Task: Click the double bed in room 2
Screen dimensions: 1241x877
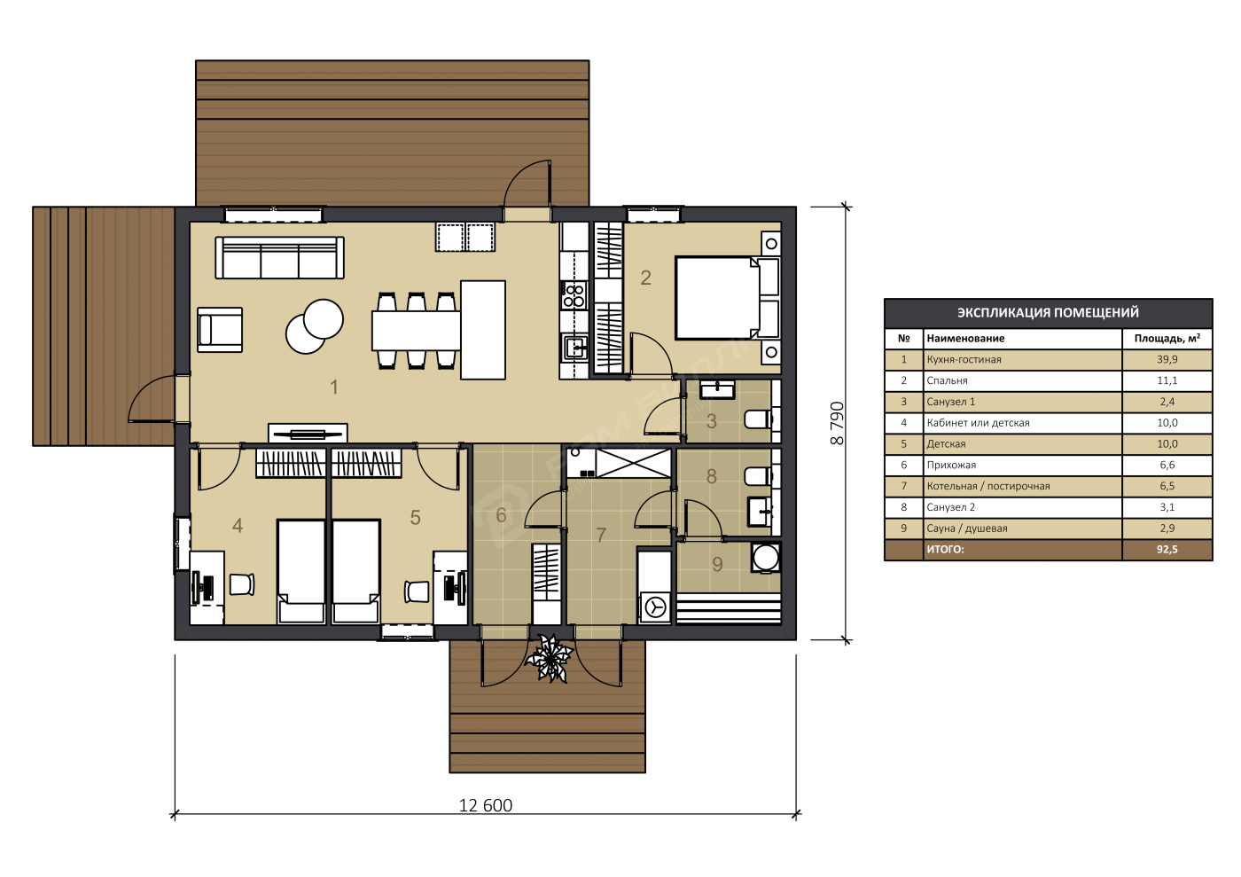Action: (728, 298)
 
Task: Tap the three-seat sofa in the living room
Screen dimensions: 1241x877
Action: (280, 258)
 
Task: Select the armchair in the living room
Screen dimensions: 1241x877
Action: (220, 329)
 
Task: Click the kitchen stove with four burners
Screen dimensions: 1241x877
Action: (574, 295)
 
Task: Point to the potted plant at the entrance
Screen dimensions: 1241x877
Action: (549, 658)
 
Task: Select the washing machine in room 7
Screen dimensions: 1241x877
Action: (655, 607)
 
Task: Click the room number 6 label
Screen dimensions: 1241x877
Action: (501, 515)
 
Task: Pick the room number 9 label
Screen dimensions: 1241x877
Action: (717, 564)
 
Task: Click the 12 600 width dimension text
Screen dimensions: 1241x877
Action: (486, 805)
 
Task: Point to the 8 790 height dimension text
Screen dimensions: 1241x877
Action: (837, 423)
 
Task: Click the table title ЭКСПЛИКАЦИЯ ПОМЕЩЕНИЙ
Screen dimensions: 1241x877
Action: (1048, 312)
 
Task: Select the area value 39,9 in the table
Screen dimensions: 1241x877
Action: (1167, 359)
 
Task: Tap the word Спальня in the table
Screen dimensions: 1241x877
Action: (947, 380)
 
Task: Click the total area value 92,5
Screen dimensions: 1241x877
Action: (1167, 550)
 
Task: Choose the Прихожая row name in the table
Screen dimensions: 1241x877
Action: (951, 466)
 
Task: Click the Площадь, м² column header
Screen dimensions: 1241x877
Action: (1167, 338)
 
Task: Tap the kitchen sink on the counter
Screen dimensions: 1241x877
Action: (575, 348)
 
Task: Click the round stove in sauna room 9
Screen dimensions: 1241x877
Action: (766, 557)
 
